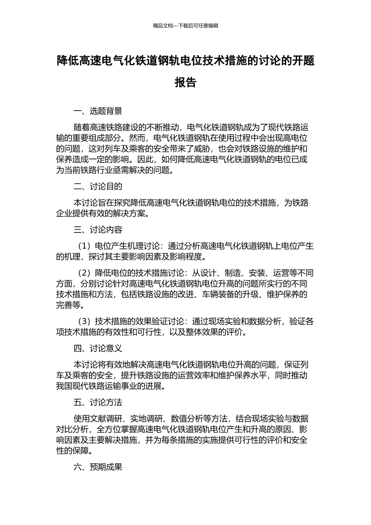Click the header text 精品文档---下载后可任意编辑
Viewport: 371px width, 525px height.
[x=185, y=26]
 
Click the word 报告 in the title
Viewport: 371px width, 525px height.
[x=185, y=82]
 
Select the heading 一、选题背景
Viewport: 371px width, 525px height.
[x=98, y=111]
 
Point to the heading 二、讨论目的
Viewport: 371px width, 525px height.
[x=98, y=186]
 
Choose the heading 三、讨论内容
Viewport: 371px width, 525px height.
[x=98, y=230]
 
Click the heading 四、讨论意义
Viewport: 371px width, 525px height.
[x=98, y=348]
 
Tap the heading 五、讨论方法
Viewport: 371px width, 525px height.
[x=98, y=402]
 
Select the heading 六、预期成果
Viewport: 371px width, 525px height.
[x=98, y=467]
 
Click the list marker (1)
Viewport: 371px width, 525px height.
[x=84, y=246]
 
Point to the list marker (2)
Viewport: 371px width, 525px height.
[x=84, y=273]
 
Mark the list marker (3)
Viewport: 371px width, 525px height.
[x=84, y=321]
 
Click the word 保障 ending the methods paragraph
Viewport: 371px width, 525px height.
[x=81, y=451]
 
